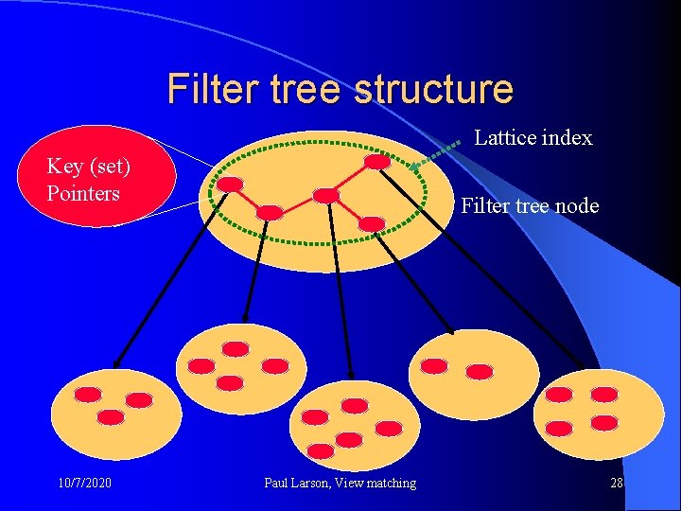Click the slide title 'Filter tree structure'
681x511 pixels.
(x=340, y=89)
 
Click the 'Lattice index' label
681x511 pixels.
(x=533, y=138)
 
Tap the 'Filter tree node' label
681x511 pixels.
(x=530, y=205)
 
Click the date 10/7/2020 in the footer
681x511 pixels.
(x=84, y=484)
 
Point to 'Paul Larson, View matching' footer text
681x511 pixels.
(x=340, y=484)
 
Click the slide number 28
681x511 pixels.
(x=617, y=484)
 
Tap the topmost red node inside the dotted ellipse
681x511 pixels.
(x=376, y=162)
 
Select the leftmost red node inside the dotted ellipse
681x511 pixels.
(x=229, y=185)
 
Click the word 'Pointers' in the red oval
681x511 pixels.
(x=83, y=193)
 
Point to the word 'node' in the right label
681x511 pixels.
(x=577, y=205)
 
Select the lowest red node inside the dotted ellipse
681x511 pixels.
(x=373, y=223)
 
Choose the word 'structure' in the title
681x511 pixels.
(x=432, y=89)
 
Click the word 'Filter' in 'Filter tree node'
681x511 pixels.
(x=482, y=205)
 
